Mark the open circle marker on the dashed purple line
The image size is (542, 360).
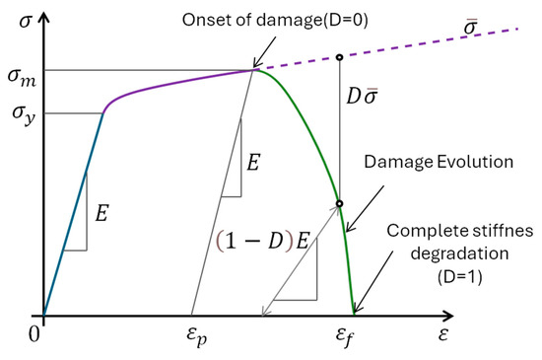(x=340, y=56)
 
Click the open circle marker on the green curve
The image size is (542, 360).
(x=339, y=204)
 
